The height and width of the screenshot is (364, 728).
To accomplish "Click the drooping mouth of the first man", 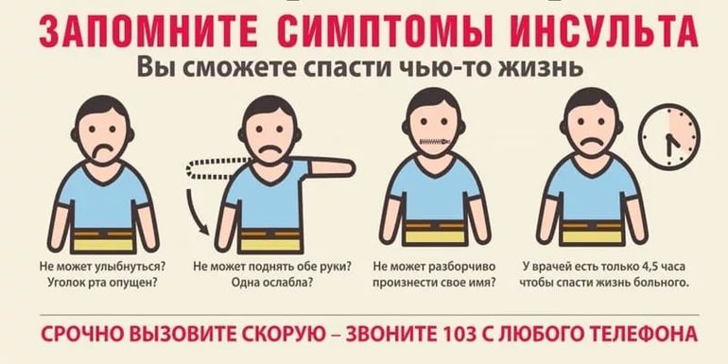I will (102, 150).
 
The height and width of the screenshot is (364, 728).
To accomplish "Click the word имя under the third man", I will (496, 282).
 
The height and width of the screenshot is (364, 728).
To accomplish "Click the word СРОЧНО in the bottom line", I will (83, 335).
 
